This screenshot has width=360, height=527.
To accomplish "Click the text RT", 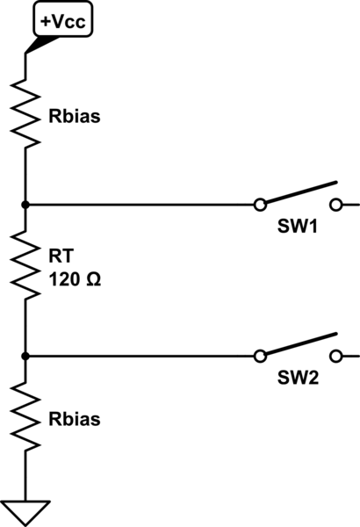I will (x=57, y=257).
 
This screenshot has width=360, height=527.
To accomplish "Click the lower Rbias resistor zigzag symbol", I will (x=25, y=418).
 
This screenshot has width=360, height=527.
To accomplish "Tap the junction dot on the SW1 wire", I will (x=25, y=205).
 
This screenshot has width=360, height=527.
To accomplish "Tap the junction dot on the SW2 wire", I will (x=25, y=356).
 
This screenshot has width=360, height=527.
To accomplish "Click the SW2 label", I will (x=299, y=379).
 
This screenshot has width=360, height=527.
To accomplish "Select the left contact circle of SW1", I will (x=259, y=205).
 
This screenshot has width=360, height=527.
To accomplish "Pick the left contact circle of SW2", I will (x=259, y=356).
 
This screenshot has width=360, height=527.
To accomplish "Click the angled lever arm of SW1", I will (x=299, y=193).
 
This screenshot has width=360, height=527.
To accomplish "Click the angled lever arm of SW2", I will (x=299, y=344).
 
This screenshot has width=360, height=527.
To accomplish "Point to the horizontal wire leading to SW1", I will (x=140, y=205).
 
